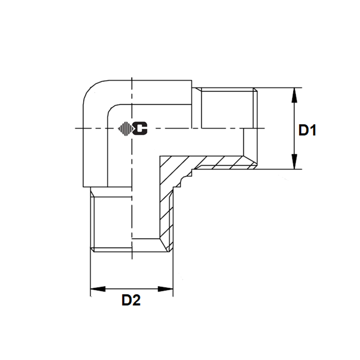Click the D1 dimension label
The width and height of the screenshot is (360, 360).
click(x=307, y=130)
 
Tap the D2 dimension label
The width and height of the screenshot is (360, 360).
click(x=131, y=300)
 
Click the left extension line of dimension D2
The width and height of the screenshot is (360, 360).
click(x=90, y=271)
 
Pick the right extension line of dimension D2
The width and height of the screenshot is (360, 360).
click(x=172, y=271)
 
